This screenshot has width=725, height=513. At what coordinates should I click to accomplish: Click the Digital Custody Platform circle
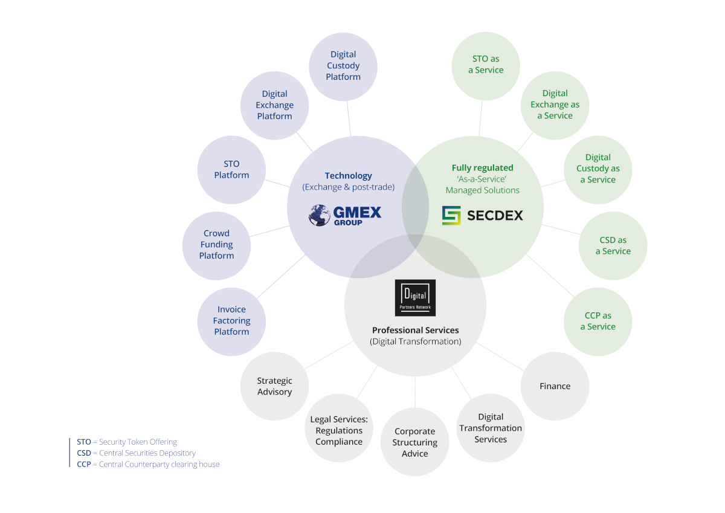pyautogui.click(x=343, y=66)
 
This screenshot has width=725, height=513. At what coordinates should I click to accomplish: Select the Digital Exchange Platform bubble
pyautogui.click(x=275, y=105)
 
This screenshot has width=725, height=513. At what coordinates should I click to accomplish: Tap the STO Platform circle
pyautogui.click(x=231, y=170)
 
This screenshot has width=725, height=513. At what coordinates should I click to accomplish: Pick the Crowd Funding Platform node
pyautogui.click(x=216, y=245)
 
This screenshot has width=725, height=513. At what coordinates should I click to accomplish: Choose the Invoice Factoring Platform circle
pyautogui.click(x=231, y=321)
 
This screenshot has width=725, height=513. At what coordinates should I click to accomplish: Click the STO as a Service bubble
pyautogui.click(x=486, y=65)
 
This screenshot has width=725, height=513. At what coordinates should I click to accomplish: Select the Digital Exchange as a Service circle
pyautogui.click(x=555, y=105)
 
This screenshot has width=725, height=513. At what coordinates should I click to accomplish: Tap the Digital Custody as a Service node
pyautogui.click(x=598, y=169)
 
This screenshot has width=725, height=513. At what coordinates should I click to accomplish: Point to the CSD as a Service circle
pyautogui.click(x=613, y=246)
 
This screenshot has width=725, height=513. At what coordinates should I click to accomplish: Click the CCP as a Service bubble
pyautogui.click(x=598, y=321)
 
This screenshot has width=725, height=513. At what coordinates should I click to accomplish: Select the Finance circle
pyautogui.click(x=555, y=386)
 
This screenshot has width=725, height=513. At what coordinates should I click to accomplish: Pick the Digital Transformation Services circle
pyautogui.click(x=491, y=428)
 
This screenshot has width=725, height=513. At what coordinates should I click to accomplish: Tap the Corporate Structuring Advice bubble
pyautogui.click(x=414, y=442)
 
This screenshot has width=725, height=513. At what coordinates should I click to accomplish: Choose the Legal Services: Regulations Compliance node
pyautogui.click(x=339, y=430)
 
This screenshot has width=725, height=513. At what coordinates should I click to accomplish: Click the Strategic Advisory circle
pyautogui.click(x=274, y=386)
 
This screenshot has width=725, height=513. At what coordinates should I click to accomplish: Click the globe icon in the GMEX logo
pyautogui.click(x=320, y=215)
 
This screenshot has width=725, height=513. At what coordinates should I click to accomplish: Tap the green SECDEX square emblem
pyautogui.click(x=451, y=215)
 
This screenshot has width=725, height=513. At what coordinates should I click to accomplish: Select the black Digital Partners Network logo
pyautogui.click(x=415, y=298)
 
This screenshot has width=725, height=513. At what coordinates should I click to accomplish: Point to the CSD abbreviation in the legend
pyautogui.click(x=83, y=453)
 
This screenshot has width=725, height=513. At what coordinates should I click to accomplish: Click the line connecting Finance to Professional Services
pyautogui.click(x=500, y=357)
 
